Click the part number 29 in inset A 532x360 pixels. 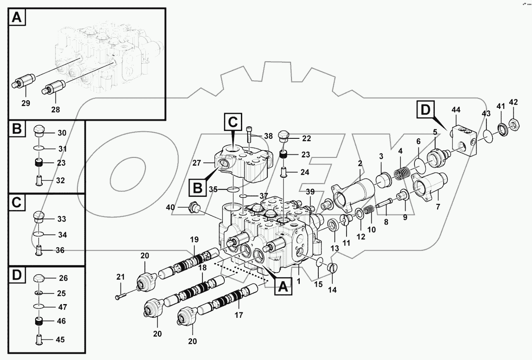point(26,104)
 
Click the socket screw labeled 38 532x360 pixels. point(249,135)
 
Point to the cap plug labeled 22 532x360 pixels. point(284,137)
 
